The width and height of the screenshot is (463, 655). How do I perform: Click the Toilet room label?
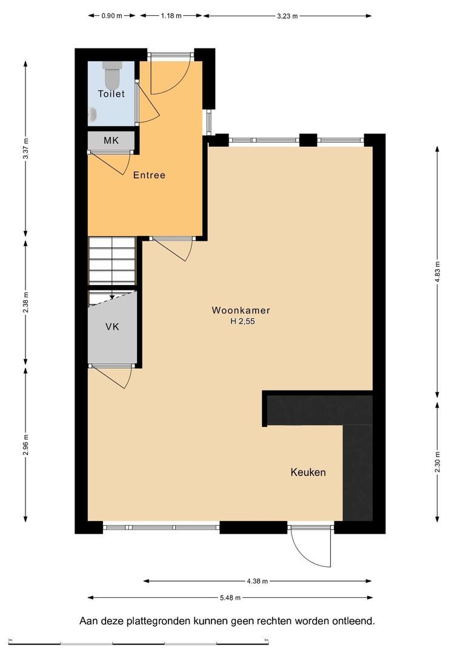tap(112, 93)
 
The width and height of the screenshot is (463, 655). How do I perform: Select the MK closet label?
tap(111, 140)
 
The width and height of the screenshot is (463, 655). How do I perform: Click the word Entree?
tap(149, 175)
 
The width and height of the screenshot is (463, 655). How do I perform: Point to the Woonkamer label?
tap(241, 311)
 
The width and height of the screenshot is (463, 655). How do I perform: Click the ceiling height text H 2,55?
tap(242, 321)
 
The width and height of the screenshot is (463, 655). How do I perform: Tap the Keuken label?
tap(308, 472)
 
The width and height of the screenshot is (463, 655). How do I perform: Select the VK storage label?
tap(112, 327)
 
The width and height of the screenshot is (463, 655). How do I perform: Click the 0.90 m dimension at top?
tap(112, 16)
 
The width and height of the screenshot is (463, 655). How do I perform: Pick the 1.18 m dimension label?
tap(171, 16)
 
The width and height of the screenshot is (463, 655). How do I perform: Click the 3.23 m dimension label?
tap(287, 16)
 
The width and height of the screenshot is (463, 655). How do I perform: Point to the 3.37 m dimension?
tap(26, 149)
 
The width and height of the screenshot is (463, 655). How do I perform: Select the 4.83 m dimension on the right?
tap(438, 272)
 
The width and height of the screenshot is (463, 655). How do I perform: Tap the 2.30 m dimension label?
tap(438, 462)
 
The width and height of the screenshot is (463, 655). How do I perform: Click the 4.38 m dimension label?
tap(257, 581)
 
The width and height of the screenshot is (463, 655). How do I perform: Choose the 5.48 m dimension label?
tap(230, 598)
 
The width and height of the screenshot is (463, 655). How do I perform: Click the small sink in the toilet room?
tap(93, 115)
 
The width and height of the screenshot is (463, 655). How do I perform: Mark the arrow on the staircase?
tap(112, 296)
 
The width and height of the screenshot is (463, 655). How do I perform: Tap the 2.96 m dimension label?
tap(26, 445)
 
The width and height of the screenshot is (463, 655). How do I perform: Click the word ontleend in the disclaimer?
tap(353, 621)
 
